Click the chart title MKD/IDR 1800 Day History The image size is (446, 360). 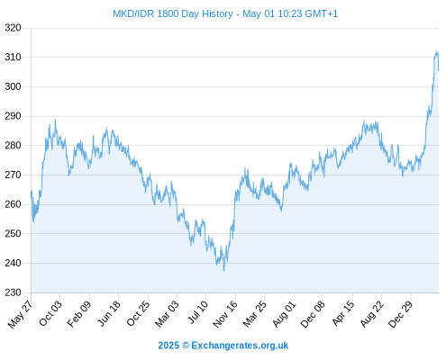coord(173,13)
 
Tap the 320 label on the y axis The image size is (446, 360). coord(13,28)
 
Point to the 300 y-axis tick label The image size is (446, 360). coord(13,86)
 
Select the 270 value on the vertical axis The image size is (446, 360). coord(13,175)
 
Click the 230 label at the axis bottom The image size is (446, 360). coord(13,292)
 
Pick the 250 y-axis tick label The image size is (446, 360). coord(13,234)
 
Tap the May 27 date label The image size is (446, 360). coord(21,314)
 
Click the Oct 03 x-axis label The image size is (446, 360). coord(50,313)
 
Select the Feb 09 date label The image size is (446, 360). coord(79,314)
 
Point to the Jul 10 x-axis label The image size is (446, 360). coord(197,312)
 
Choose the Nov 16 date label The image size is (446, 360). coord(225,314)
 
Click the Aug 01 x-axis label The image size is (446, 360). coord(284,314)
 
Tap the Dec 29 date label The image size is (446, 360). coord(401,314)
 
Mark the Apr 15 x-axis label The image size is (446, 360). coord(343,313)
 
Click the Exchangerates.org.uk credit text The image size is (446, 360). coord(240,346)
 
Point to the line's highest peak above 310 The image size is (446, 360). coord(436,51)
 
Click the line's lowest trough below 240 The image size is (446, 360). coord(224,270)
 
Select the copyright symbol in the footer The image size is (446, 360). coord(186,346)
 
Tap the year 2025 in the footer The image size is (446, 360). coord(168,346)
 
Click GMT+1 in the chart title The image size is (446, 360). coord(322,13)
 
